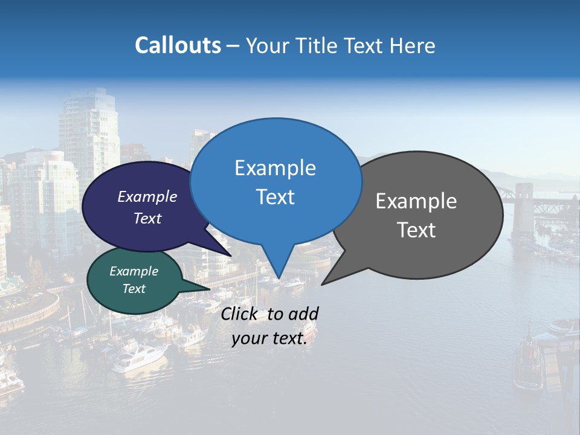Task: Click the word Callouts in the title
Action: pyautogui.click(x=178, y=45)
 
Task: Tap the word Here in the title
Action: pyautogui.click(x=413, y=45)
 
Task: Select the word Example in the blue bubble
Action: pyautogui.click(x=275, y=168)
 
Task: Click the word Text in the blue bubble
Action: pyautogui.click(x=275, y=197)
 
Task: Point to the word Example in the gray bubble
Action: pyautogui.click(x=416, y=201)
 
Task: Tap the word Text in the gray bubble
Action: pyautogui.click(x=416, y=230)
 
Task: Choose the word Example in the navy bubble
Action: pyautogui.click(x=147, y=196)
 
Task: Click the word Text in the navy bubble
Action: pyautogui.click(x=147, y=218)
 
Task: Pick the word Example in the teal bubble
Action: pyautogui.click(x=134, y=271)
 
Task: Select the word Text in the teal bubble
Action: pyautogui.click(x=134, y=289)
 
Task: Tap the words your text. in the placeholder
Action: pyautogui.click(x=269, y=339)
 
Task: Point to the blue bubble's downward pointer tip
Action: pyautogui.click(x=277, y=279)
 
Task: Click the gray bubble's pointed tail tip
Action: pyautogui.click(x=322, y=284)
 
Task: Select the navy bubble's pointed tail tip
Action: pyautogui.click(x=231, y=255)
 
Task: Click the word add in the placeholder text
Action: pyautogui.click(x=303, y=314)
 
